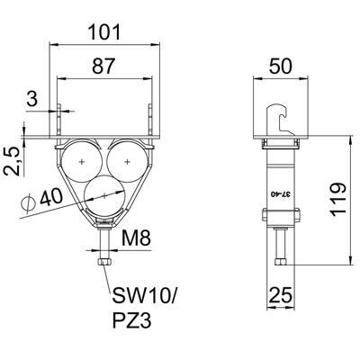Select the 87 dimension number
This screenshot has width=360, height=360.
(x=103, y=66)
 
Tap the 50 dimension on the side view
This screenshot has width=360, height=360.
(x=280, y=66)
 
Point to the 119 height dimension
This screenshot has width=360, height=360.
(x=338, y=199)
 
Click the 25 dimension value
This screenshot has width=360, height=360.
(x=281, y=295)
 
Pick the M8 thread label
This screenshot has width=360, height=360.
(x=136, y=238)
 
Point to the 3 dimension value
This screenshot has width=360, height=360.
(x=32, y=99)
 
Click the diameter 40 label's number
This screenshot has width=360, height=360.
(x=51, y=197)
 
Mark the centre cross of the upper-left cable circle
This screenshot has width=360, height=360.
(x=82, y=162)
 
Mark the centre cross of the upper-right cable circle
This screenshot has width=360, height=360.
(x=127, y=162)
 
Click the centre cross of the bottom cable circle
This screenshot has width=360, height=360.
(x=104, y=196)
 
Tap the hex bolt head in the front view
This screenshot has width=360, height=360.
(x=104, y=262)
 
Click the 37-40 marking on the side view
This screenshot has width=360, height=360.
(x=281, y=194)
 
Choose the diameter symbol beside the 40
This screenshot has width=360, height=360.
(x=28, y=203)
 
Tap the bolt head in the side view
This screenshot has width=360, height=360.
(x=281, y=262)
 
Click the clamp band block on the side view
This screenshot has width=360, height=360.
(x=281, y=215)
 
